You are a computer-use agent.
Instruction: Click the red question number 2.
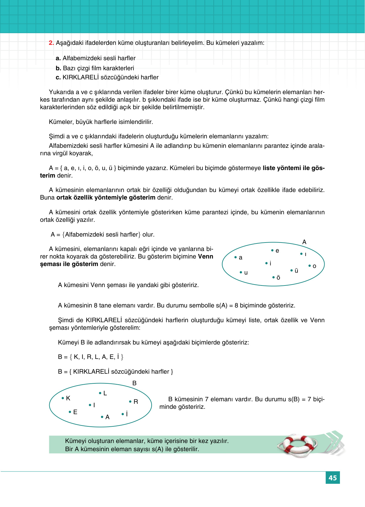point(51,43)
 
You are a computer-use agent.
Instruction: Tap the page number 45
point(333,478)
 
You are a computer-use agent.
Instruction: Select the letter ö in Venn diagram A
point(278,278)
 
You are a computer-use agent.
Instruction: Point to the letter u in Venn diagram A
point(246,273)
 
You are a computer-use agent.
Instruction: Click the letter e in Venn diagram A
point(277,251)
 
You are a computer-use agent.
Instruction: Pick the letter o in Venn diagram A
point(314,266)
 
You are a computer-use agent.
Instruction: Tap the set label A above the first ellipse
point(304,242)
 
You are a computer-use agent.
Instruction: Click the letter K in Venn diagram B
point(68,398)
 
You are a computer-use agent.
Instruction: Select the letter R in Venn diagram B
point(136,402)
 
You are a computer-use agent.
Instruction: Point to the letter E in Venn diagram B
point(75,412)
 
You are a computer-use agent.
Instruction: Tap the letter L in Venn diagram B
point(105,393)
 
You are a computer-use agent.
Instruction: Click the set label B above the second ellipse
point(134,383)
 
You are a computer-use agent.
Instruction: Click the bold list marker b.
point(58,68)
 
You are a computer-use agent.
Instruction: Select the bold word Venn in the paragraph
point(206,257)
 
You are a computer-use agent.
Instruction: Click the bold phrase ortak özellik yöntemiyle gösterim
point(106,198)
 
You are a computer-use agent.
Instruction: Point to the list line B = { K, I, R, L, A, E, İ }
point(91,357)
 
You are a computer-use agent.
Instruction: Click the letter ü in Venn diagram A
point(296,270)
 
